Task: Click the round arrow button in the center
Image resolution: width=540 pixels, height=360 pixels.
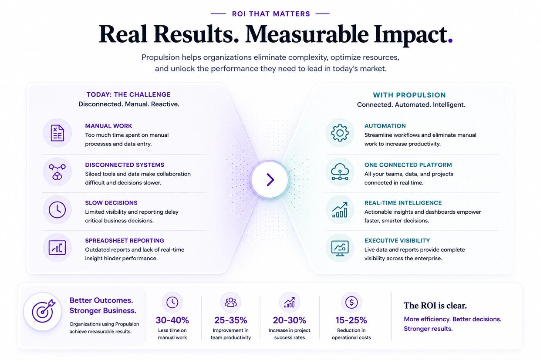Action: [x=270, y=179]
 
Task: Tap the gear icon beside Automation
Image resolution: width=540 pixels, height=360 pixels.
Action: [x=340, y=133]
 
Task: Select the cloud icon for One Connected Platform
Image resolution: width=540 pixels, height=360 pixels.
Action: [x=340, y=172]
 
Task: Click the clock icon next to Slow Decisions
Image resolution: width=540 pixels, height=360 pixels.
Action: [x=57, y=210]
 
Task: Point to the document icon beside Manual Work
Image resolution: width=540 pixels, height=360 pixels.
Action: [x=57, y=133]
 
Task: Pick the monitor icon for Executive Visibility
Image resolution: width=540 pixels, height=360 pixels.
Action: [x=340, y=248]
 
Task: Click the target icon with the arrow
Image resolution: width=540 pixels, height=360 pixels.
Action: [x=44, y=311]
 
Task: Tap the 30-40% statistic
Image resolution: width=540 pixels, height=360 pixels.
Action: [x=172, y=320]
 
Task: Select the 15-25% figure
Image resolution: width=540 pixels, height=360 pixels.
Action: [x=351, y=320]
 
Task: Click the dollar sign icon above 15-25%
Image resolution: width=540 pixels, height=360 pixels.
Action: [x=351, y=302]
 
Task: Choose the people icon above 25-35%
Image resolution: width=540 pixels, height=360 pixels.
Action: [x=231, y=302]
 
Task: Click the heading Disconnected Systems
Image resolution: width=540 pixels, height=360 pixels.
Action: [x=125, y=165]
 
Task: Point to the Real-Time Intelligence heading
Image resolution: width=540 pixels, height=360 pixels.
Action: [x=403, y=203]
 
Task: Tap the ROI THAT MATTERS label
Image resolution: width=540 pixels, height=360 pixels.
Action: [x=271, y=14]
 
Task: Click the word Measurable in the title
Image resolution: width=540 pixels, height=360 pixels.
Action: [x=307, y=34]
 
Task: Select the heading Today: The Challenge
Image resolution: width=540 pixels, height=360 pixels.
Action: [x=128, y=94]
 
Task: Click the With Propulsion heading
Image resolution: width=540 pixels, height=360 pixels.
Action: [x=409, y=95]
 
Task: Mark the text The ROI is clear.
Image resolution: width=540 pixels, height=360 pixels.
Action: [x=435, y=306]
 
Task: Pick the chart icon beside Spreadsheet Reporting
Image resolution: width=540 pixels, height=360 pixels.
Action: [x=57, y=248]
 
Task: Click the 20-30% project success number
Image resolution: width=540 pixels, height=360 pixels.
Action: [x=289, y=320]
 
